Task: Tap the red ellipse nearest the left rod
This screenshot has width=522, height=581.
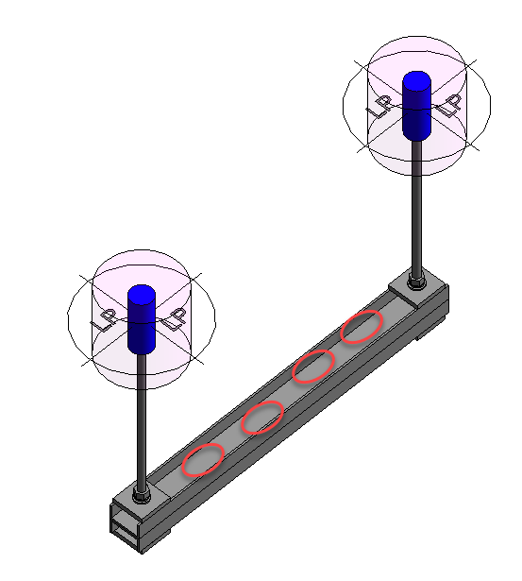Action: pos(203,459)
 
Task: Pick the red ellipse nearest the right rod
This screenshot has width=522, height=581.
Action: pos(362,326)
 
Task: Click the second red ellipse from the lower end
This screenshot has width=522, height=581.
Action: pos(263,417)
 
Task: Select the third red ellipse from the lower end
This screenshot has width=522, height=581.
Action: pos(313,366)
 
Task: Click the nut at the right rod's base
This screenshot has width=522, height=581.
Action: pos(416,281)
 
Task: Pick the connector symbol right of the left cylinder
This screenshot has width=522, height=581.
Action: pos(174,320)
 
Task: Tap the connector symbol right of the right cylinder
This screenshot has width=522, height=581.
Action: pos(450,103)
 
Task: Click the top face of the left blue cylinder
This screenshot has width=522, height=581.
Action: pos(141,294)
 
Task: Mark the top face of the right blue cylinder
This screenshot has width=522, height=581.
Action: pos(416,79)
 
